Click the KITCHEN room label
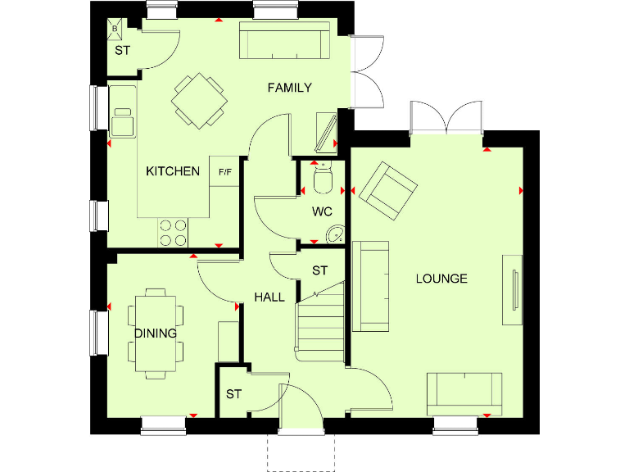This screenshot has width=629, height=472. click(x=173, y=171)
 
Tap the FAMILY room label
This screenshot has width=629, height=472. click(x=290, y=88)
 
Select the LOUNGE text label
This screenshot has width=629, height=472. click(x=441, y=279)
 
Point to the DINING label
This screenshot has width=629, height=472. click(x=156, y=334)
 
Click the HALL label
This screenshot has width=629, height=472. click(x=269, y=297)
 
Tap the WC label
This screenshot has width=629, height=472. click(x=323, y=211)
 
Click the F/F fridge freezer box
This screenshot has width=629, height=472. click(x=224, y=172)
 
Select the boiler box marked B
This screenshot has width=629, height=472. click(x=115, y=29)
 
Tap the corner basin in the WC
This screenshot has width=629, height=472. click(x=334, y=234)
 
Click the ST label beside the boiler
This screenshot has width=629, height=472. click(x=122, y=51)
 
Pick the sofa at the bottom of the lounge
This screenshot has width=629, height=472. click(x=464, y=393)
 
